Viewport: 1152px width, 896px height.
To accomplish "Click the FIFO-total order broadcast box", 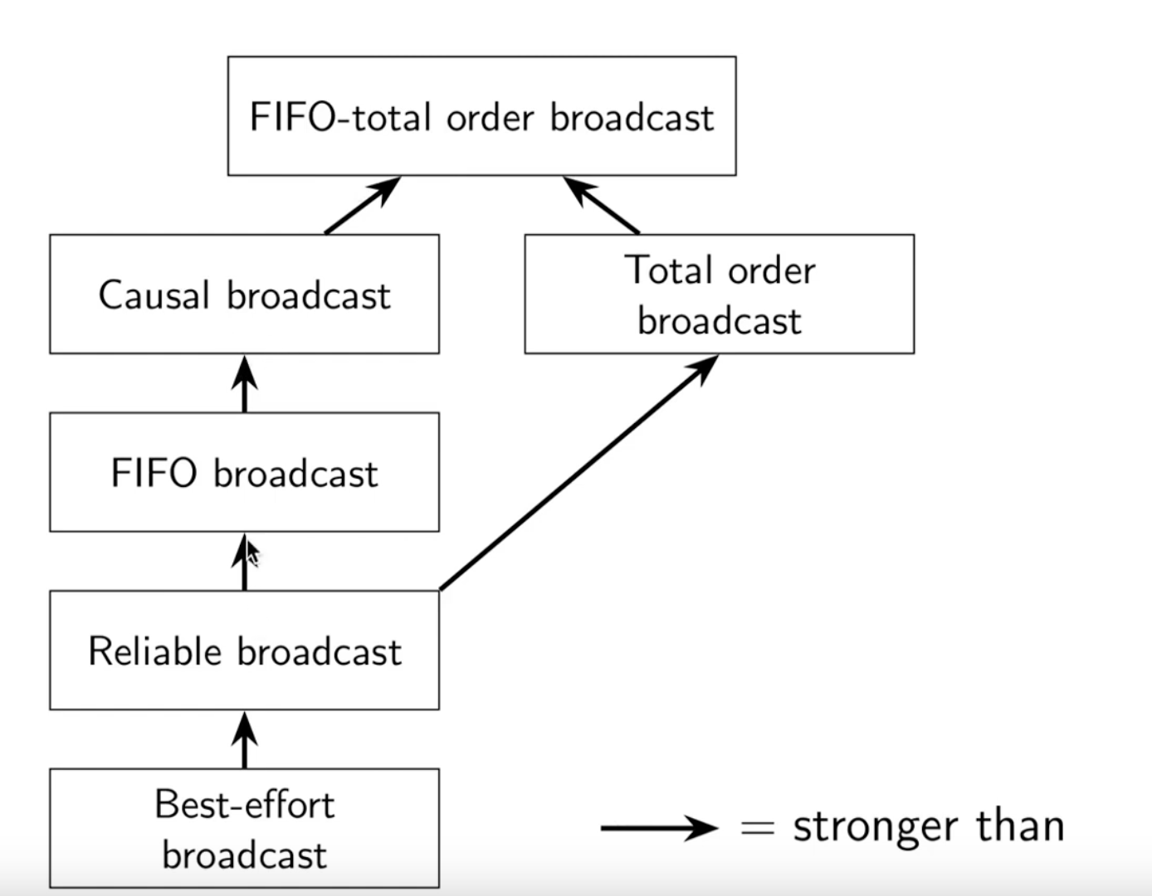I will point(481,116).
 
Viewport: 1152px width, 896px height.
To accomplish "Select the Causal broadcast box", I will point(244,295).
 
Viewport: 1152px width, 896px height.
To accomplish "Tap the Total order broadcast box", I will point(719,295).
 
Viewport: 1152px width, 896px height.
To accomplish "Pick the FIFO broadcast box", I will point(244,472).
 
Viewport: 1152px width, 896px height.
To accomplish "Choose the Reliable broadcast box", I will point(244,650).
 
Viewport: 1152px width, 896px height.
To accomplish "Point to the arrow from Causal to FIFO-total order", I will point(362,206).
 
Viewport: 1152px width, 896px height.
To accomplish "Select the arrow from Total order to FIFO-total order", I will point(602,206).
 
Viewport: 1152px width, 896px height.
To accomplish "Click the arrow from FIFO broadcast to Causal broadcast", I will point(244,384).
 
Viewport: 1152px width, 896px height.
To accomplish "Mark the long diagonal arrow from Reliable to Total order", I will point(578,473).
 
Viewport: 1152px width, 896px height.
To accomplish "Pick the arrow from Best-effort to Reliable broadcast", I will point(244,740).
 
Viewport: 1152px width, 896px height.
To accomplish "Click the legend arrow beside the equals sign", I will point(659,827).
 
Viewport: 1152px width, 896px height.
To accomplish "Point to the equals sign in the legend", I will point(757,828).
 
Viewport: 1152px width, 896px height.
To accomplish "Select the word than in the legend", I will point(1020,826).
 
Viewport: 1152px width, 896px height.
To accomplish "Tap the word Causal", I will point(154,295).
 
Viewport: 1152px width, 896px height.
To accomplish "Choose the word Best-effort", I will point(244,805).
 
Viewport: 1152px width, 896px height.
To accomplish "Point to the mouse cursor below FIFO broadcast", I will point(253,553).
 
